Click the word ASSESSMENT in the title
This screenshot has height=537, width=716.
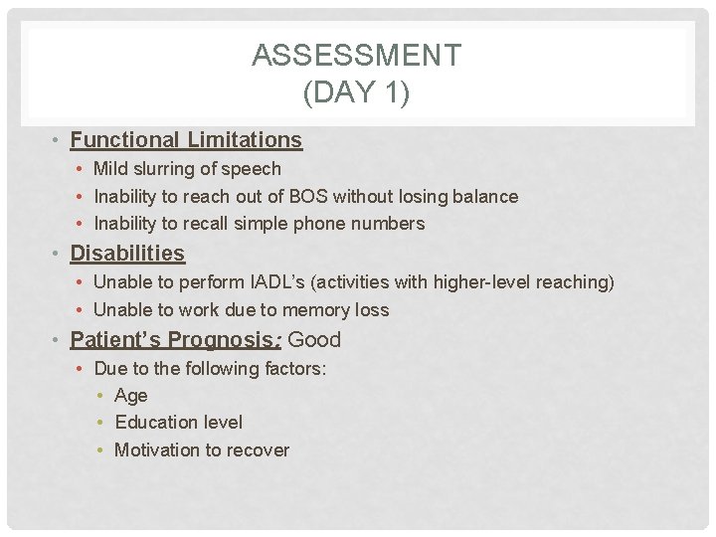(357, 56)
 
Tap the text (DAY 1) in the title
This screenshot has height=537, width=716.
(357, 92)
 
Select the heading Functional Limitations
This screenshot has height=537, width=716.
(186, 140)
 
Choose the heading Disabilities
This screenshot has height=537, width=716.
(127, 254)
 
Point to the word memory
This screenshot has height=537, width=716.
(309, 310)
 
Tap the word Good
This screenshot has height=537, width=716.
(314, 340)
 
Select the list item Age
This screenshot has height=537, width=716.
(131, 396)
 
